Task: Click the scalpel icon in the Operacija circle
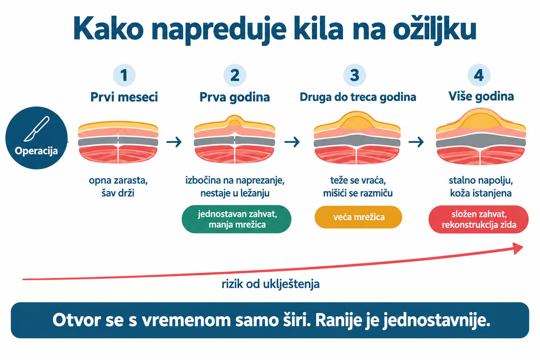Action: (37, 129)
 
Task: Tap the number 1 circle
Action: (124, 75)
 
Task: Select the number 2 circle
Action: (235, 75)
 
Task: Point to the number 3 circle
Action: (355, 75)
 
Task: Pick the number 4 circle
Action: (479, 75)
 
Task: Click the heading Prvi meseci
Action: (124, 97)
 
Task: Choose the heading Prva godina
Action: (234, 97)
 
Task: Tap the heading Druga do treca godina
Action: (358, 97)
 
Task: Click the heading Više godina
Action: (481, 96)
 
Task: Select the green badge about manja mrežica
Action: (237, 219)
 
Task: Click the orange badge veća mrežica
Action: (358, 217)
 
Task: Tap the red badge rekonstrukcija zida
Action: (478, 219)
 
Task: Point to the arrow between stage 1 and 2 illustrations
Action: (174, 142)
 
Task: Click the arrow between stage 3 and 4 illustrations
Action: (416, 142)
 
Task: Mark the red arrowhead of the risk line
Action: (517, 248)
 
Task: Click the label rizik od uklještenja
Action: (270, 284)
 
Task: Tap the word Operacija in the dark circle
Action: (37, 151)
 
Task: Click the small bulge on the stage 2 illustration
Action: (234, 121)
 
